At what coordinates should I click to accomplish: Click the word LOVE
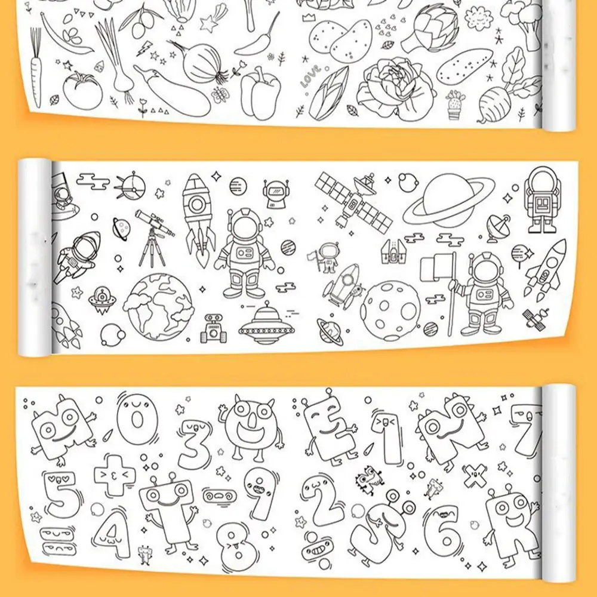(x=311, y=79)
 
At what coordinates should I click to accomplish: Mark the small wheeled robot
(x=213, y=329)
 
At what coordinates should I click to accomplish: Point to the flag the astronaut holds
(x=438, y=269)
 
